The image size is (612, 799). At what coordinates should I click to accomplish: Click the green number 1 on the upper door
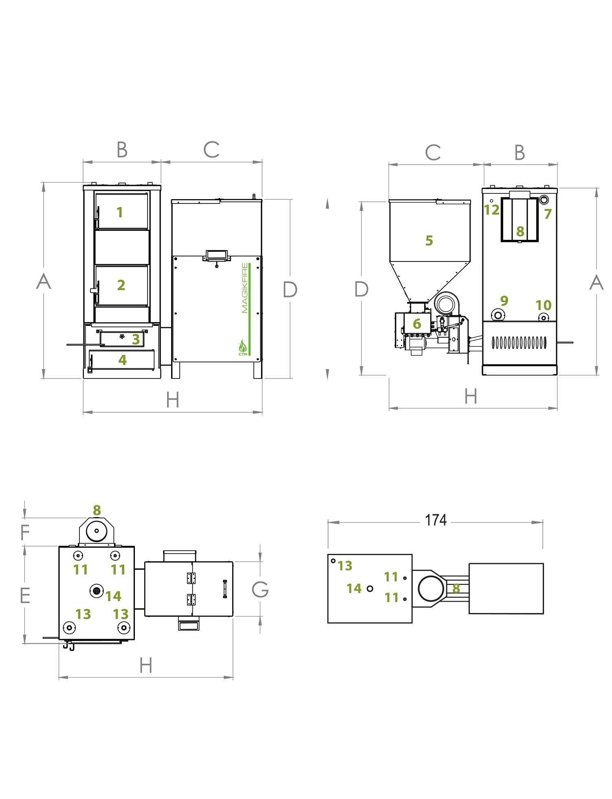119,212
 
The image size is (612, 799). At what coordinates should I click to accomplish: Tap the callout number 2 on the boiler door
121,285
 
